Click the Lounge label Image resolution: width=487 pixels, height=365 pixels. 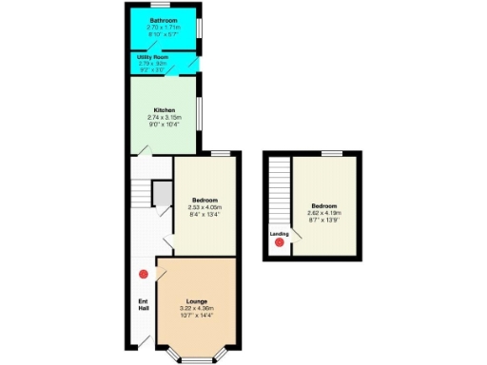[x=197, y=300]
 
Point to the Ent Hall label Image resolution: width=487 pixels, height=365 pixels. [x=143, y=306]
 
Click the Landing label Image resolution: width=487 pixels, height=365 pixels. [x=279, y=233]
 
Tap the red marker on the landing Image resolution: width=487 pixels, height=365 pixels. [x=279, y=243]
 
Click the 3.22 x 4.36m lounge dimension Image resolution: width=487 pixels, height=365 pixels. [x=197, y=308]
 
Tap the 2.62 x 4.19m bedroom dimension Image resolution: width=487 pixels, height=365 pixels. [x=324, y=213]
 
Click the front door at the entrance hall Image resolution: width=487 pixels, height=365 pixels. [x=146, y=338]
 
